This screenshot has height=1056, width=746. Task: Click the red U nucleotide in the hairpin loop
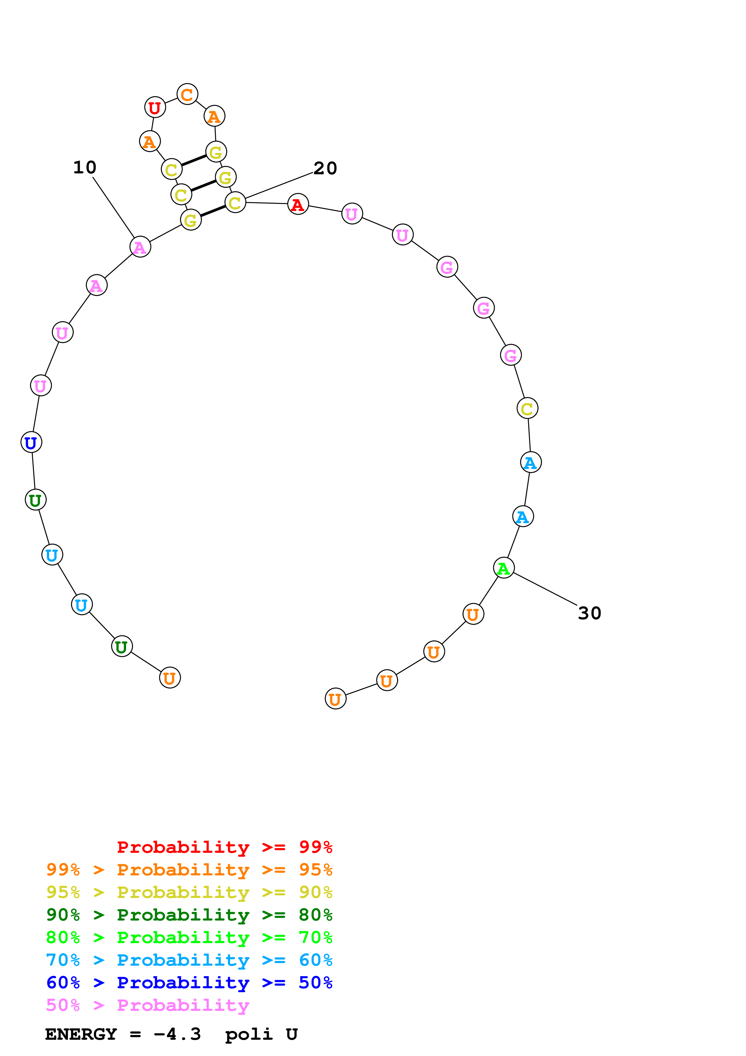click(155, 108)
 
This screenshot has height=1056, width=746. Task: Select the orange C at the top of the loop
click(187, 94)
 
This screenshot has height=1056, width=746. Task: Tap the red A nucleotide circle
click(298, 204)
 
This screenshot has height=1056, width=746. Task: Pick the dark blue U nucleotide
click(31, 443)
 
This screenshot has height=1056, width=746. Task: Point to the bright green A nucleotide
click(504, 568)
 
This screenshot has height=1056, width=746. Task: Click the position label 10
click(85, 167)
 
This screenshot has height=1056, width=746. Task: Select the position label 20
click(325, 168)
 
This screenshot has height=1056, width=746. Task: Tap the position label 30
click(589, 613)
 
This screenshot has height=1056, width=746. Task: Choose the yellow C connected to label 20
click(235, 202)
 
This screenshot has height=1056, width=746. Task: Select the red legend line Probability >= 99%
click(224, 847)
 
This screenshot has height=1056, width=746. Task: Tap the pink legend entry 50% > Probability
click(147, 1005)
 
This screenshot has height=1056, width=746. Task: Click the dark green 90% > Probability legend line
click(189, 915)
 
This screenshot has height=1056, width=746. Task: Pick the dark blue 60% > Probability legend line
click(189, 983)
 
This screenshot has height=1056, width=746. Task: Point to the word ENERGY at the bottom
click(81, 1034)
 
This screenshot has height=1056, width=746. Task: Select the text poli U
click(261, 1034)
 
